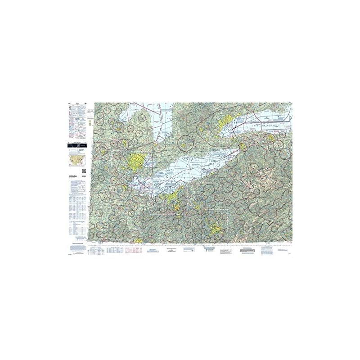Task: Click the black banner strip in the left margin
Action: pyautogui.click(x=77, y=145)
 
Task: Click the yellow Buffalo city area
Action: pyautogui.click(x=243, y=146)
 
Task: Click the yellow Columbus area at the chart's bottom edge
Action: pyautogui.click(x=139, y=241)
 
